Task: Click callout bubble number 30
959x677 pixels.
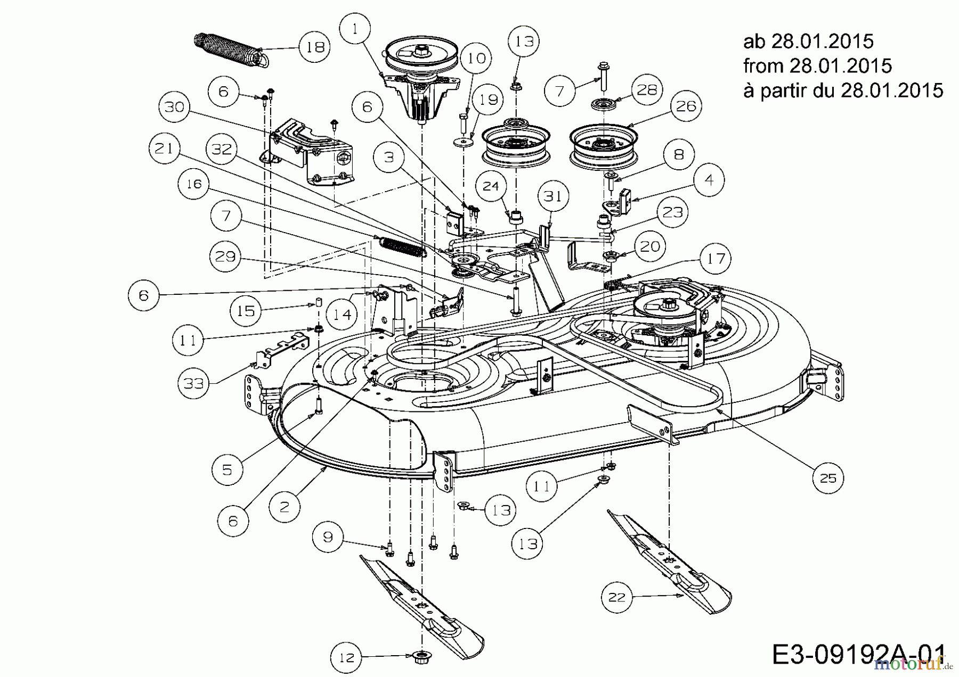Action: tap(174, 107)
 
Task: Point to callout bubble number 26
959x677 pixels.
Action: tap(686, 106)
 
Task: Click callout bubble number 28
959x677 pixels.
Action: tap(647, 89)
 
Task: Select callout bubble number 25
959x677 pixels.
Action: tap(828, 478)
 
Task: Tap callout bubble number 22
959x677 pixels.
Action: tap(617, 597)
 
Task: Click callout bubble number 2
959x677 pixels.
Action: tap(284, 506)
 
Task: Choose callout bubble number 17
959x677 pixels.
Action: tap(716, 259)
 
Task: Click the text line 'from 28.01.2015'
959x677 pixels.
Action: tap(817, 65)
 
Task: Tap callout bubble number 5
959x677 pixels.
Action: tap(227, 469)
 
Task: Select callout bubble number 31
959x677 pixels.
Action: tap(553, 196)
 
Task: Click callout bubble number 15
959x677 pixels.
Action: tap(246, 310)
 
